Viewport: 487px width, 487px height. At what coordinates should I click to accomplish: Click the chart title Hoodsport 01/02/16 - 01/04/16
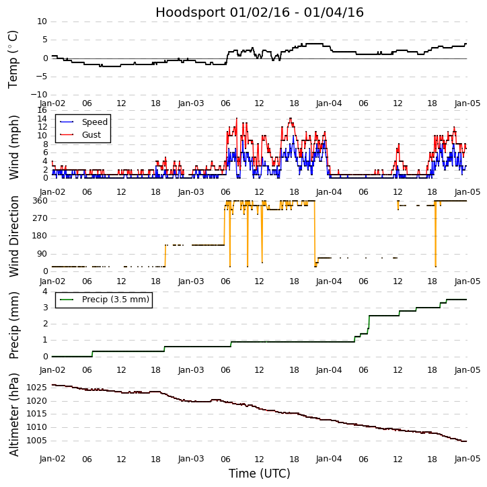point(260,12)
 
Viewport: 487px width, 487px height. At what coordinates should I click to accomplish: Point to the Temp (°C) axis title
point(13,58)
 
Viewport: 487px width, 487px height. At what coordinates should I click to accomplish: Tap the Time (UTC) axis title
point(260,474)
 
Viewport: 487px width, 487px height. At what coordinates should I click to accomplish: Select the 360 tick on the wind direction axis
point(40,201)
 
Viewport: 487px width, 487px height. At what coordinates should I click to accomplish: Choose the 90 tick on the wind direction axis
point(42,254)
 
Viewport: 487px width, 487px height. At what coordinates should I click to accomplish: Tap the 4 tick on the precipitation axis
point(45,291)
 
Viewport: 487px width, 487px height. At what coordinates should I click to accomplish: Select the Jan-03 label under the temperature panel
point(191,103)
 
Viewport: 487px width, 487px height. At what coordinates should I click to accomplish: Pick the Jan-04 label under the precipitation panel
point(329,369)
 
